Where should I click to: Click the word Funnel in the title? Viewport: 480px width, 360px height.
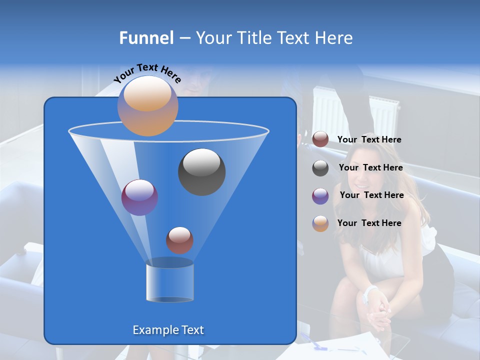(x=146, y=38)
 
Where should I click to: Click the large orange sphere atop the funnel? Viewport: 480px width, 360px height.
(x=147, y=105)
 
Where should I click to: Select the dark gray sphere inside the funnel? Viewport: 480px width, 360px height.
(x=201, y=171)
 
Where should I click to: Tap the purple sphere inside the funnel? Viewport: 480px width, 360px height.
(x=139, y=197)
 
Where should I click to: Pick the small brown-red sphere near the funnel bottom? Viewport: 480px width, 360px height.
(x=179, y=240)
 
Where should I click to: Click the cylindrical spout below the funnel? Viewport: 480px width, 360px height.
(x=169, y=282)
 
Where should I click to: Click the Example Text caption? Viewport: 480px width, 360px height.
(x=168, y=330)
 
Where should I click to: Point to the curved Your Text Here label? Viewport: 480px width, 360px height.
(x=147, y=73)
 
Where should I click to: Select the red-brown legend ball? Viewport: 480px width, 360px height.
(x=320, y=139)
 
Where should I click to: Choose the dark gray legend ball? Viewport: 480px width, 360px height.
(x=320, y=168)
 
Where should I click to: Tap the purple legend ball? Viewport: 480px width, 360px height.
(x=320, y=196)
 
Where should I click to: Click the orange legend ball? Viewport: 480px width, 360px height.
(x=320, y=223)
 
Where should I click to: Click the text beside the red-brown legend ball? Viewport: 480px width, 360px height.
(x=369, y=140)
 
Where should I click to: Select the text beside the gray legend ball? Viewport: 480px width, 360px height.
(x=370, y=168)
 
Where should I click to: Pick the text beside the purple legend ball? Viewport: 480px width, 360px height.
(x=371, y=195)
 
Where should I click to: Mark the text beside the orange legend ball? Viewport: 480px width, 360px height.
(x=369, y=223)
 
